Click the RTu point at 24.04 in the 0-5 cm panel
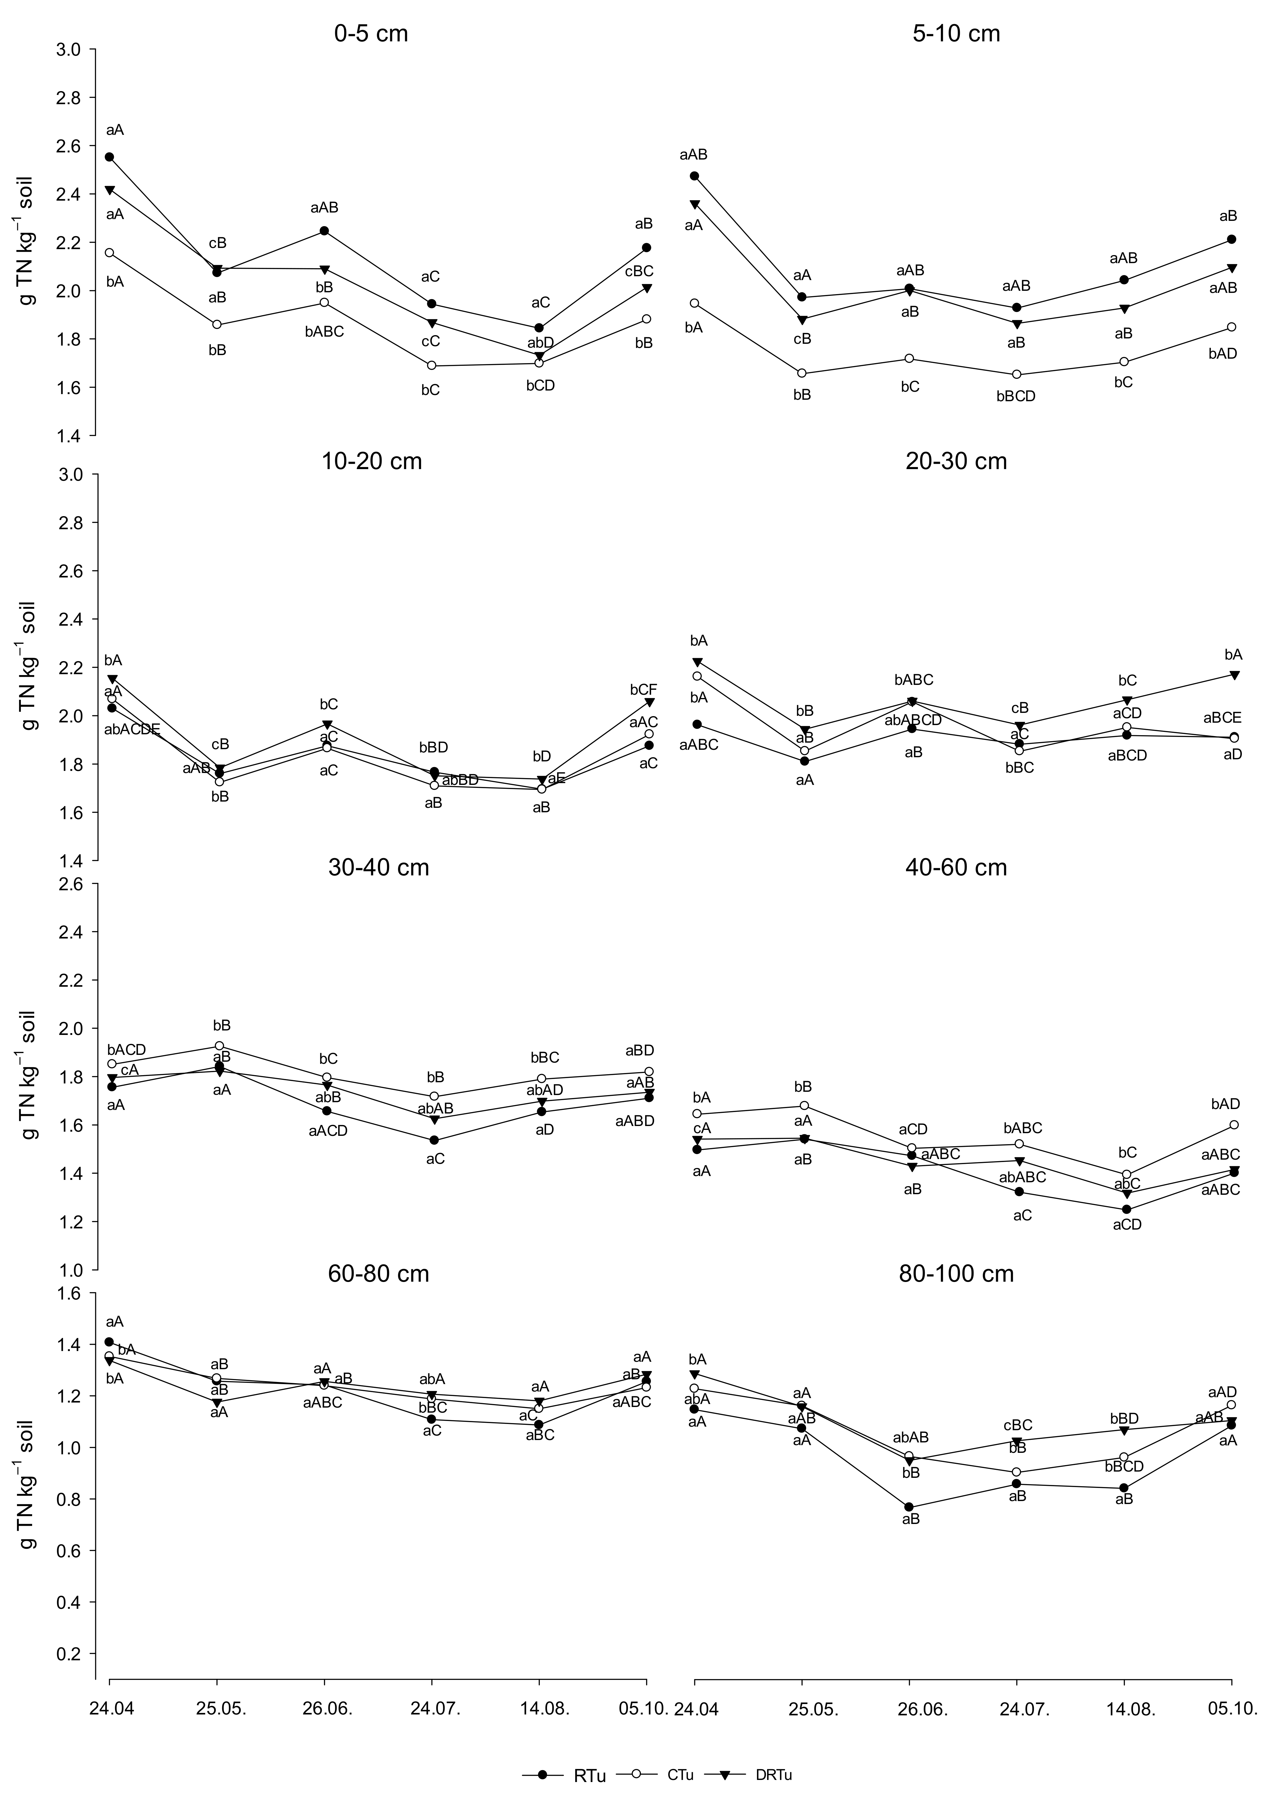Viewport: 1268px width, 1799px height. click(110, 157)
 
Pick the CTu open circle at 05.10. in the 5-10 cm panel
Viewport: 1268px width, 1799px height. click(1232, 327)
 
